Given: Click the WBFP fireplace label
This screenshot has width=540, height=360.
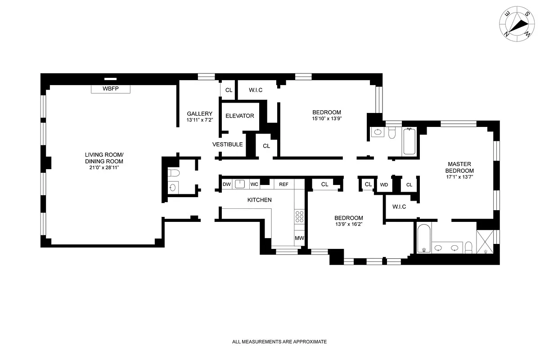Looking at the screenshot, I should point(110,89).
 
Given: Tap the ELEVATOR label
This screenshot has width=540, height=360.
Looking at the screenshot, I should point(239,116).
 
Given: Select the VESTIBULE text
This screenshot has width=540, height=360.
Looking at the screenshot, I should point(228,144).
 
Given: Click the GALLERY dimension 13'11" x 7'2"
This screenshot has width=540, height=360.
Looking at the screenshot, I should point(199,120).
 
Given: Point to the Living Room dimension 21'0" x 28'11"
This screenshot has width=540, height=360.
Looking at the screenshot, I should point(104,167).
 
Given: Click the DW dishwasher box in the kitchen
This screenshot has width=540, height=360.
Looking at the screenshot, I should point(226,184).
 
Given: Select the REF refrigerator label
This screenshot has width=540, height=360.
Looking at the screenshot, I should point(283,184).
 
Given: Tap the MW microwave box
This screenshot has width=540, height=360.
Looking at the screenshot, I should point(299,238).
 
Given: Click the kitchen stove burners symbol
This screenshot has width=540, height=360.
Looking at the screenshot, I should point(299,217).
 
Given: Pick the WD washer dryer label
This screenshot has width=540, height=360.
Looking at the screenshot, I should point(384,184).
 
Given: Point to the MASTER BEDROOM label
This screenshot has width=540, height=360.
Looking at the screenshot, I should point(459,167).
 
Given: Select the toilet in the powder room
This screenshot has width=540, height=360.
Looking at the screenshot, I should point(174,174).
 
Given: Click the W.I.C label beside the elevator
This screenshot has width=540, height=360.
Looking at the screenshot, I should point(256,90).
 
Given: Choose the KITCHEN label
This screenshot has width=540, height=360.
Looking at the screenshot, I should point(259,200).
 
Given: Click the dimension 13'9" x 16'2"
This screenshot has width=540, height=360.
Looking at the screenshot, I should point(349,224).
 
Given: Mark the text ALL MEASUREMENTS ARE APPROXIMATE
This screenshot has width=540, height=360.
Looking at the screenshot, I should point(279,342).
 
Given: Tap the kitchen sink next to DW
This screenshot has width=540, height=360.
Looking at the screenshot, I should point(239,184).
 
